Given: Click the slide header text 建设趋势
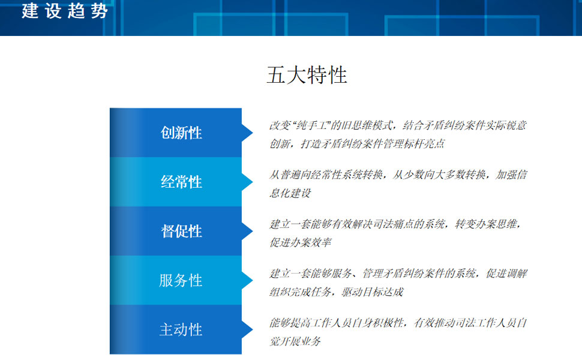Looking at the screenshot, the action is [65, 10].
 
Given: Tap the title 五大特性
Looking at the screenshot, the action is [307, 75].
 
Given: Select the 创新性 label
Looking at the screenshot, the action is [181, 133].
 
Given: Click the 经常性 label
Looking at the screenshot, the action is [181, 182].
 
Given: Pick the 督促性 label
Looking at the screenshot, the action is [181, 231].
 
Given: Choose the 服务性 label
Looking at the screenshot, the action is [181, 280].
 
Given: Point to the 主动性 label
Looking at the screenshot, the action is [181, 329].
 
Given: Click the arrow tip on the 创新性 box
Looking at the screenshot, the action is [253, 133].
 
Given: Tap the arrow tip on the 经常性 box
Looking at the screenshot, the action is [253, 182].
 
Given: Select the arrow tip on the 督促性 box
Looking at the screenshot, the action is [253, 231].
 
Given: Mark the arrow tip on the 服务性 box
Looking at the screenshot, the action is [253, 280].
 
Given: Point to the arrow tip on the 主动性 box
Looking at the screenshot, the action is [253, 329].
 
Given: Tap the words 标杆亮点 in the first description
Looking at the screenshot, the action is [424, 143].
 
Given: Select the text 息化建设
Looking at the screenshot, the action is [290, 193].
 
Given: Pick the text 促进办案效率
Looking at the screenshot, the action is [301, 242].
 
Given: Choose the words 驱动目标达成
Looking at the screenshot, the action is [372, 292].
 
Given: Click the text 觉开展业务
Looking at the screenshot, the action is [295, 341].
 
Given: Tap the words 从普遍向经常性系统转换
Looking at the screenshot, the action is [326, 175].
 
